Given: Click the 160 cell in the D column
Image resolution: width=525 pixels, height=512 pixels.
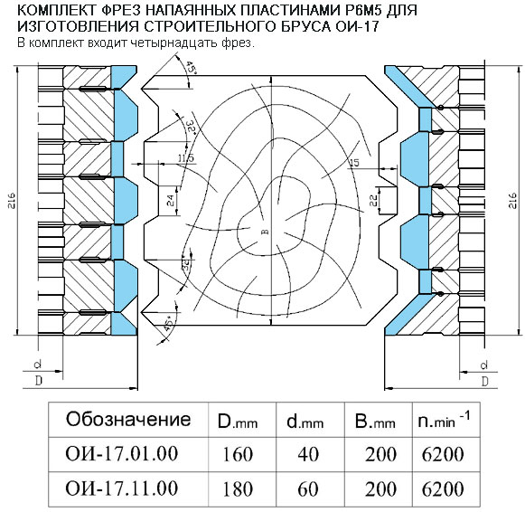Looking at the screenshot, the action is click(x=238, y=455).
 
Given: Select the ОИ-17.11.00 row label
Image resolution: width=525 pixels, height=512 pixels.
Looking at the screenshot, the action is click(x=122, y=488).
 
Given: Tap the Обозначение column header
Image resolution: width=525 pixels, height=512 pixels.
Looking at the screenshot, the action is click(x=128, y=419).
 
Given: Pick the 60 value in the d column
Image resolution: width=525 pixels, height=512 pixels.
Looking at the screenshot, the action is click(x=308, y=488).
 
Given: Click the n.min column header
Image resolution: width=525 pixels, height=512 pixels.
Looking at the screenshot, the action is click(x=444, y=421).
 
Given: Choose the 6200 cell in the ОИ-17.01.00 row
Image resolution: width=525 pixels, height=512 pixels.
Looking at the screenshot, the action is click(x=443, y=455).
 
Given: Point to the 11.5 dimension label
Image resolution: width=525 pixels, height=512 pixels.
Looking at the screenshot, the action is click(x=186, y=157).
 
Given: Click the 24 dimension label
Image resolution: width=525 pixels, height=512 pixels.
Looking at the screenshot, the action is click(x=171, y=201).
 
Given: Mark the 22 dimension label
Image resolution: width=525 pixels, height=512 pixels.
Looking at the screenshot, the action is click(x=373, y=201).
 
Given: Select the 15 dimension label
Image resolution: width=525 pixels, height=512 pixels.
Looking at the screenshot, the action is click(x=354, y=163).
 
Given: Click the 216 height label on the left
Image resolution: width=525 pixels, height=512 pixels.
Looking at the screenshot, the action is click(x=12, y=201).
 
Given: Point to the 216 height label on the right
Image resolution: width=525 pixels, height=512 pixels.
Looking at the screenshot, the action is click(x=512, y=201).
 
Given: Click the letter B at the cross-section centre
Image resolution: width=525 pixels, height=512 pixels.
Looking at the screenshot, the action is click(x=266, y=232).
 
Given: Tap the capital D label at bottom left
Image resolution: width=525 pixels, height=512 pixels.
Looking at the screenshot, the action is click(x=39, y=380).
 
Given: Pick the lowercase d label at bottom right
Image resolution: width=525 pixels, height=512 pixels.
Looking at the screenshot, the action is click(x=484, y=365).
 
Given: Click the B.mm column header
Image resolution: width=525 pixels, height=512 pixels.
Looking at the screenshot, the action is click(x=375, y=422).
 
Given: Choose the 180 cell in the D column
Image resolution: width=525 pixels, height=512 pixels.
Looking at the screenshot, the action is click(x=238, y=488).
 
